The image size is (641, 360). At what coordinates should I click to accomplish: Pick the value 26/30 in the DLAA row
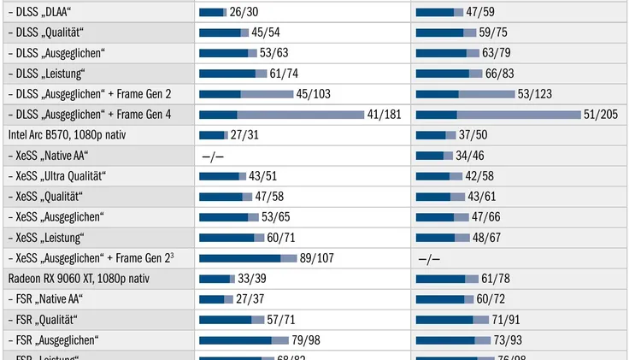[x=244, y=12]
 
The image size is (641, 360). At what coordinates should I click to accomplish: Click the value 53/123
[x=536, y=94]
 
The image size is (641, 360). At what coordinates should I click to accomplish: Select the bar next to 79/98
[x=244, y=340]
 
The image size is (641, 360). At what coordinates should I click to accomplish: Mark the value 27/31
[x=245, y=135]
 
